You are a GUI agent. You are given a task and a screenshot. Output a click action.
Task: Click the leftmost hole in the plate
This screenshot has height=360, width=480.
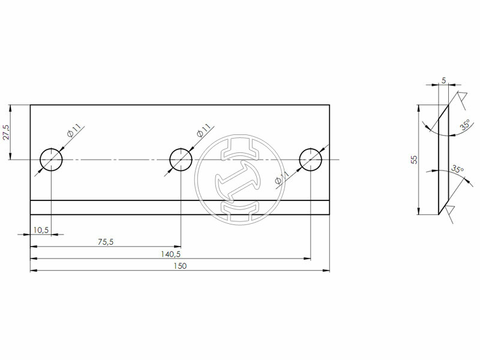pyautogui.click(x=51, y=160)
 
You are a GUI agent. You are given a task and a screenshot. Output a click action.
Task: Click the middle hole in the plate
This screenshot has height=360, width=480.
pyautogui.click(x=181, y=160)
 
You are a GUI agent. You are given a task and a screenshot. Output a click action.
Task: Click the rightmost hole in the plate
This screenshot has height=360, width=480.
pyautogui.click(x=311, y=160)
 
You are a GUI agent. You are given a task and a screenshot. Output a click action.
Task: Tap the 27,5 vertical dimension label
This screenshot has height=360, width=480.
pyautogui.click(x=7, y=133)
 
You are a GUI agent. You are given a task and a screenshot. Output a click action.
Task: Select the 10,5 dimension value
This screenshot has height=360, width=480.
pyautogui.click(x=41, y=230)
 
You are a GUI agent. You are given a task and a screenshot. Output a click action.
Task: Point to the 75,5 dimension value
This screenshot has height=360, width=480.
pyautogui.click(x=106, y=242)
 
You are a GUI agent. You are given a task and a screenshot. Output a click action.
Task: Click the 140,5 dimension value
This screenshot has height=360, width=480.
pyautogui.click(x=171, y=254)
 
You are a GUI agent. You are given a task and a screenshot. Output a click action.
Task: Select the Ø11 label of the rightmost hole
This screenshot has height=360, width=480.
pyautogui.click(x=281, y=178)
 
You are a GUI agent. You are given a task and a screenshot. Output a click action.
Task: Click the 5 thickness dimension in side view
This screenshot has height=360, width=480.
pyautogui.click(x=443, y=80)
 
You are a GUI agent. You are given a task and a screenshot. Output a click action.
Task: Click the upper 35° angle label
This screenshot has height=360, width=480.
pyautogui.click(x=465, y=125)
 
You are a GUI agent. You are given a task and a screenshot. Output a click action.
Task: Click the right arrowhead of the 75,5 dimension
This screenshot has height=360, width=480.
pyautogui.click(x=178, y=246)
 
